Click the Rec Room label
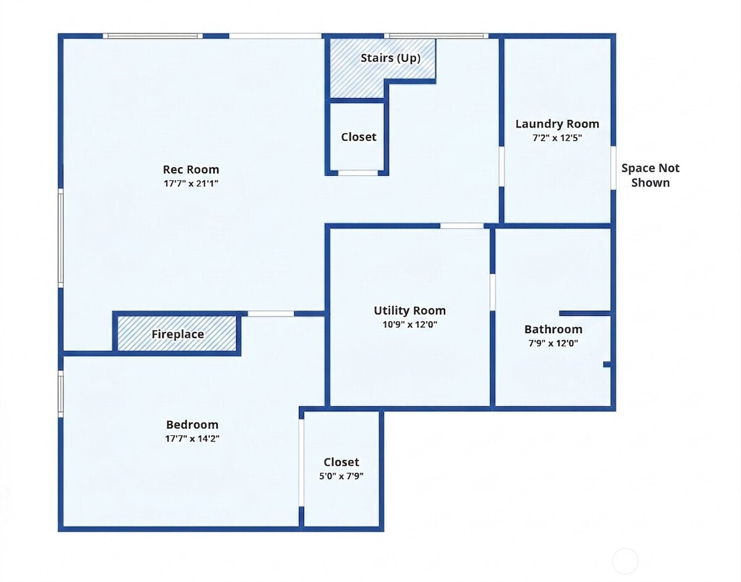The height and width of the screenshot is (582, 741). click(191, 169)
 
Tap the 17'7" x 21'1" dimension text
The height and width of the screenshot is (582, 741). click(191, 183)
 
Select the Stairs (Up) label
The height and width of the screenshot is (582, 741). click(390, 58)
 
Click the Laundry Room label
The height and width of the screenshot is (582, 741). click(557, 124)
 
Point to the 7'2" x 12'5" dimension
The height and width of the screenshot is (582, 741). click(557, 138)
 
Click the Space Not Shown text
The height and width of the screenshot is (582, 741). click(650, 175)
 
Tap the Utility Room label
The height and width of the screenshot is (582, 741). click(409, 310)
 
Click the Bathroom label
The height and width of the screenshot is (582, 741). click(553, 329)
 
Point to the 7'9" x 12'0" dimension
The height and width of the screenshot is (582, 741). click(553, 344)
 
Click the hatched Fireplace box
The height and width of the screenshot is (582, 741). click(177, 334)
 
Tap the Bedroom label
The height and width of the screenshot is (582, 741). click(192, 425)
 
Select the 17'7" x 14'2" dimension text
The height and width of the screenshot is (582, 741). click(192, 439)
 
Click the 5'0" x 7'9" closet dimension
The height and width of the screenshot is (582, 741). click(341, 476)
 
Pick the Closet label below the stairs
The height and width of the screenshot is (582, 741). click(358, 137)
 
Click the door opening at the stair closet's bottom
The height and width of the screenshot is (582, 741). click(358, 173)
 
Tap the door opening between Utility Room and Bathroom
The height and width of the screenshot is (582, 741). click(493, 291)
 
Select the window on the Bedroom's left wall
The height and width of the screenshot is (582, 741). click(61, 393)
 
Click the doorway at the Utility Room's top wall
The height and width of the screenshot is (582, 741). click(462, 226)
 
